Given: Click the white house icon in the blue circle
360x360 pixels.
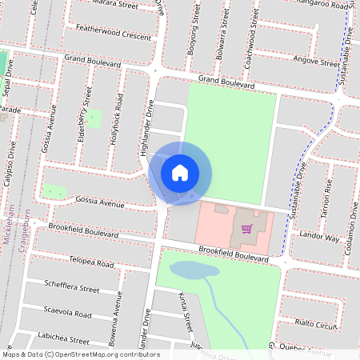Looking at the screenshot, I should tap(180, 172).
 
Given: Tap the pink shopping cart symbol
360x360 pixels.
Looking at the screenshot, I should tap(247, 229).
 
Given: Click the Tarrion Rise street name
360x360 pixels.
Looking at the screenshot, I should tap(326, 194).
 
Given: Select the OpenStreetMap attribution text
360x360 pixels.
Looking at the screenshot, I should tap(80, 354).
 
